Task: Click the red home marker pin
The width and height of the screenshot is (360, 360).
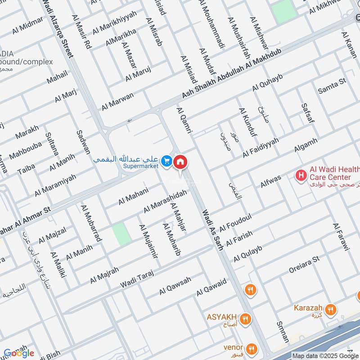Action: click(180, 162)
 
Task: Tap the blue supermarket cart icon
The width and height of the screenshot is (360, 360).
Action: click(167, 160)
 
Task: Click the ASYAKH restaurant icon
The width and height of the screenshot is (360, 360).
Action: click(245, 319)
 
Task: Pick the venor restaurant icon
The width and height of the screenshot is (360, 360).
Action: click(251, 348)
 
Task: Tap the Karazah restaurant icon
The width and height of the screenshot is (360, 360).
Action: click(331, 309)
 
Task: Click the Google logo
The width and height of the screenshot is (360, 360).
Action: click(18, 352)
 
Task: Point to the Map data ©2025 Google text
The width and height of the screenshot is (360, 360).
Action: click(325, 355)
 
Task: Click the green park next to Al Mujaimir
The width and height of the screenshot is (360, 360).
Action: click(121, 234)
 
